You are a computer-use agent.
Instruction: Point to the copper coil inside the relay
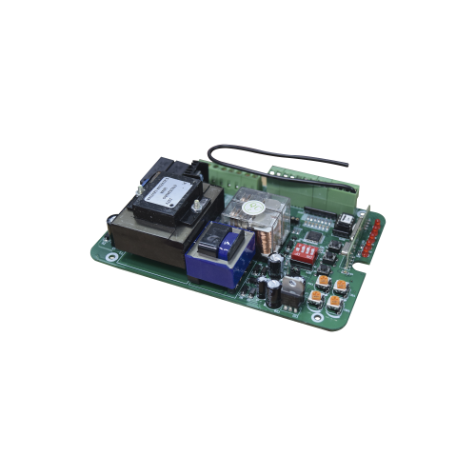point(270,227)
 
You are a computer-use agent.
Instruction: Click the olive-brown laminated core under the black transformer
point(143,238)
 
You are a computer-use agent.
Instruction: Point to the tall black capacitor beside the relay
point(274,266)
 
